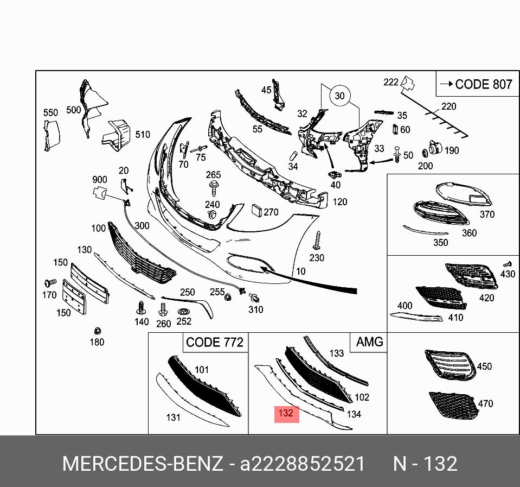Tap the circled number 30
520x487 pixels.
(x=339, y=96)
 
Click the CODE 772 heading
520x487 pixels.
(x=214, y=342)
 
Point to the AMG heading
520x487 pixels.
(x=369, y=341)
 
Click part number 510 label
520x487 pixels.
(x=143, y=134)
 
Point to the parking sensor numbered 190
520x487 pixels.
(x=434, y=148)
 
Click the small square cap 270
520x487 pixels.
(x=256, y=211)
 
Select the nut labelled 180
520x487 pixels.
(x=98, y=331)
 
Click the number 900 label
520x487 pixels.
(x=99, y=180)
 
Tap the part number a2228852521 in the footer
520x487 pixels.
(x=303, y=464)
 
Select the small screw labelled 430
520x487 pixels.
(x=508, y=263)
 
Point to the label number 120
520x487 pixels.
(x=340, y=202)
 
